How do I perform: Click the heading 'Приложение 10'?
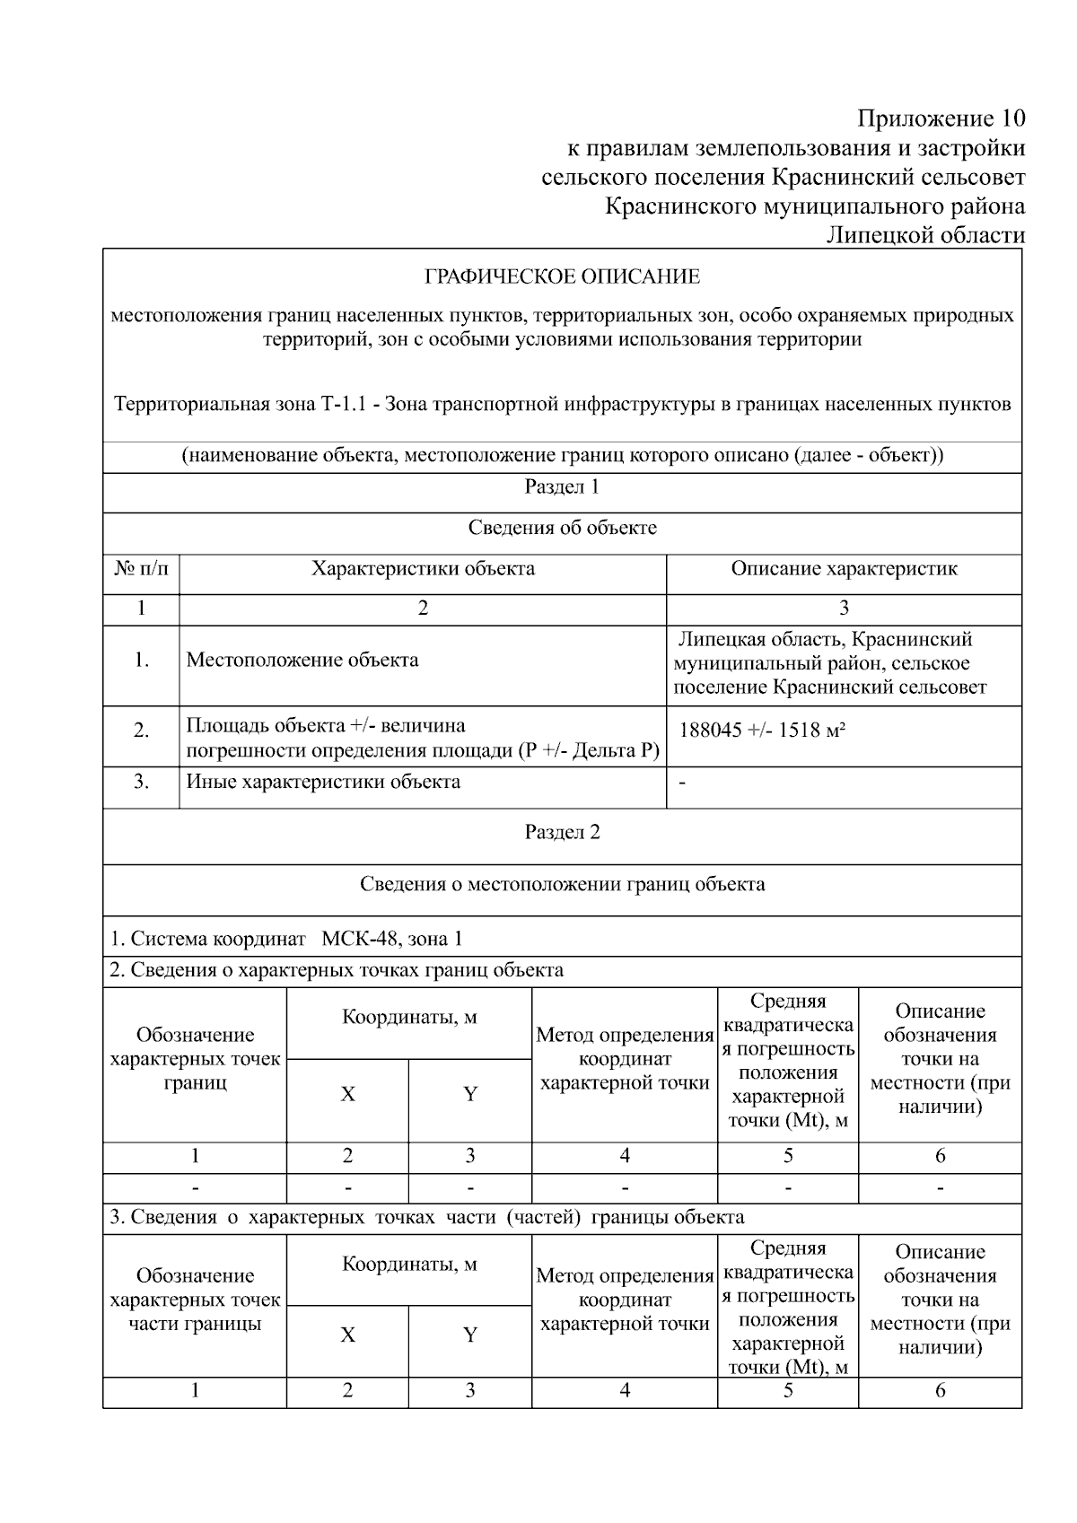(941, 118)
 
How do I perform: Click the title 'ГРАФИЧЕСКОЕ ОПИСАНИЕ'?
(562, 276)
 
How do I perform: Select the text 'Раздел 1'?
(562, 487)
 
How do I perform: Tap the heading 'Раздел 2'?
(562, 832)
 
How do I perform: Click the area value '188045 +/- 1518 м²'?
(762, 730)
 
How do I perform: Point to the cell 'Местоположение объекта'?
(302, 661)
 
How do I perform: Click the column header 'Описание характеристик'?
(844, 569)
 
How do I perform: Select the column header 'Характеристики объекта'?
(423, 569)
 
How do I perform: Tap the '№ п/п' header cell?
(141, 569)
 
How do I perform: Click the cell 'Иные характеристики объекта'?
(323, 782)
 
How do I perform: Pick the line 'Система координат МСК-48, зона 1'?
(287, 940)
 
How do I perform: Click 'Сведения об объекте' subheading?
(562, 528)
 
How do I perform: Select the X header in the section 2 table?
(347, 1094)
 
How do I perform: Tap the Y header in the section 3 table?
(469, 1335)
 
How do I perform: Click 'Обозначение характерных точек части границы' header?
(195, 1300)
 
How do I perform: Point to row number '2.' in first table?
(141, 731)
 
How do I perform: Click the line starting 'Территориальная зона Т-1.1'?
(562, 404)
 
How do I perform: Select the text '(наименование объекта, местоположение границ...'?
(562, 455)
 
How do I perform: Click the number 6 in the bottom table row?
(940, 1391)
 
